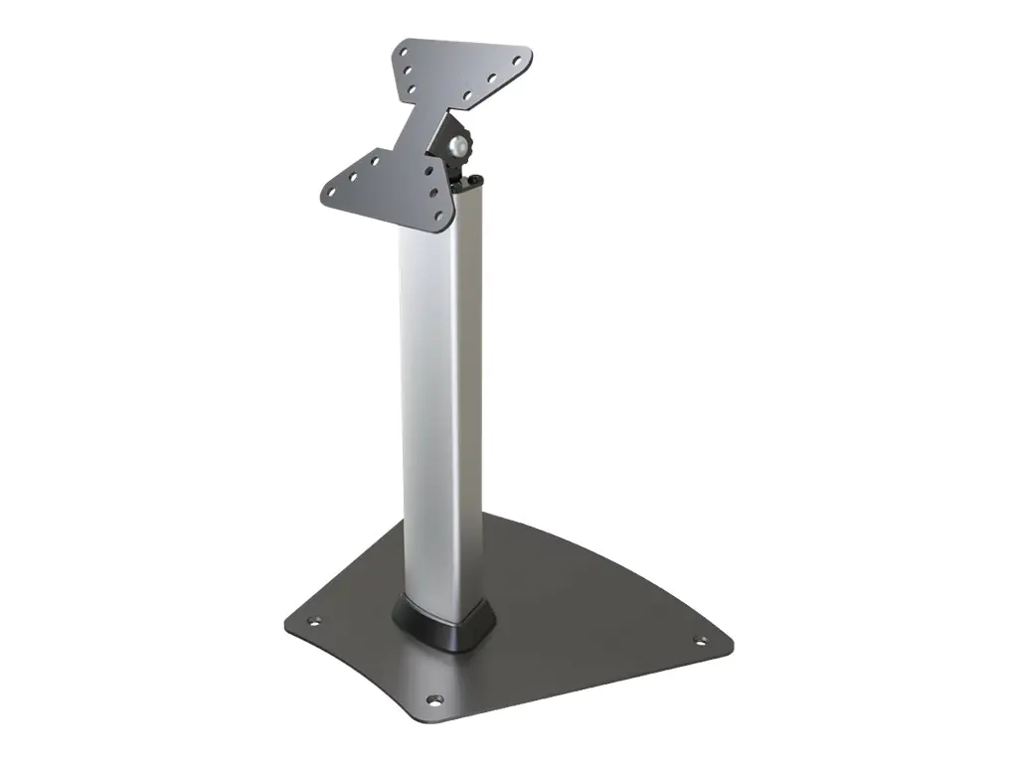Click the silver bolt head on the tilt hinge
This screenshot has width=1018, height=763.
point(457,146)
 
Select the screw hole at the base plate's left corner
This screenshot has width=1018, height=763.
point(315,622)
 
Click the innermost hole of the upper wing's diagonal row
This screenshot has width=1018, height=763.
point(468,96)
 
